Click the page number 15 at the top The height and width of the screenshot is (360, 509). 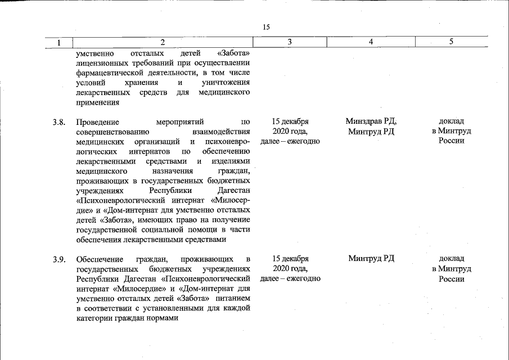[267, 26]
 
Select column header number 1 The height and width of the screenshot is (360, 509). [58, 42]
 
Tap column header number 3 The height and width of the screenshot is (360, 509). [289, 42]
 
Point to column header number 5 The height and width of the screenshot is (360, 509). [451, 42]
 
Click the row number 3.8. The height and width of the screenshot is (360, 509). [59, 121]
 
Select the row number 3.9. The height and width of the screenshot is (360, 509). [59, 259]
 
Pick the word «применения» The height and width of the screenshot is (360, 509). [97, 103]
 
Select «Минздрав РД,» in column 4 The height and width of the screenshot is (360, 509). [371, 121]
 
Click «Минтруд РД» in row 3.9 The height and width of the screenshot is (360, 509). [371, 259]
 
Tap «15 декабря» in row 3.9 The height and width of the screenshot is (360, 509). [290, 259]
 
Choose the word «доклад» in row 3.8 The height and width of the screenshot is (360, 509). [451, 121]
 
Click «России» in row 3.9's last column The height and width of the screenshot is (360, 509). [451, 279]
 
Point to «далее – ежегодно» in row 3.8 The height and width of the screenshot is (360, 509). [290, 141]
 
